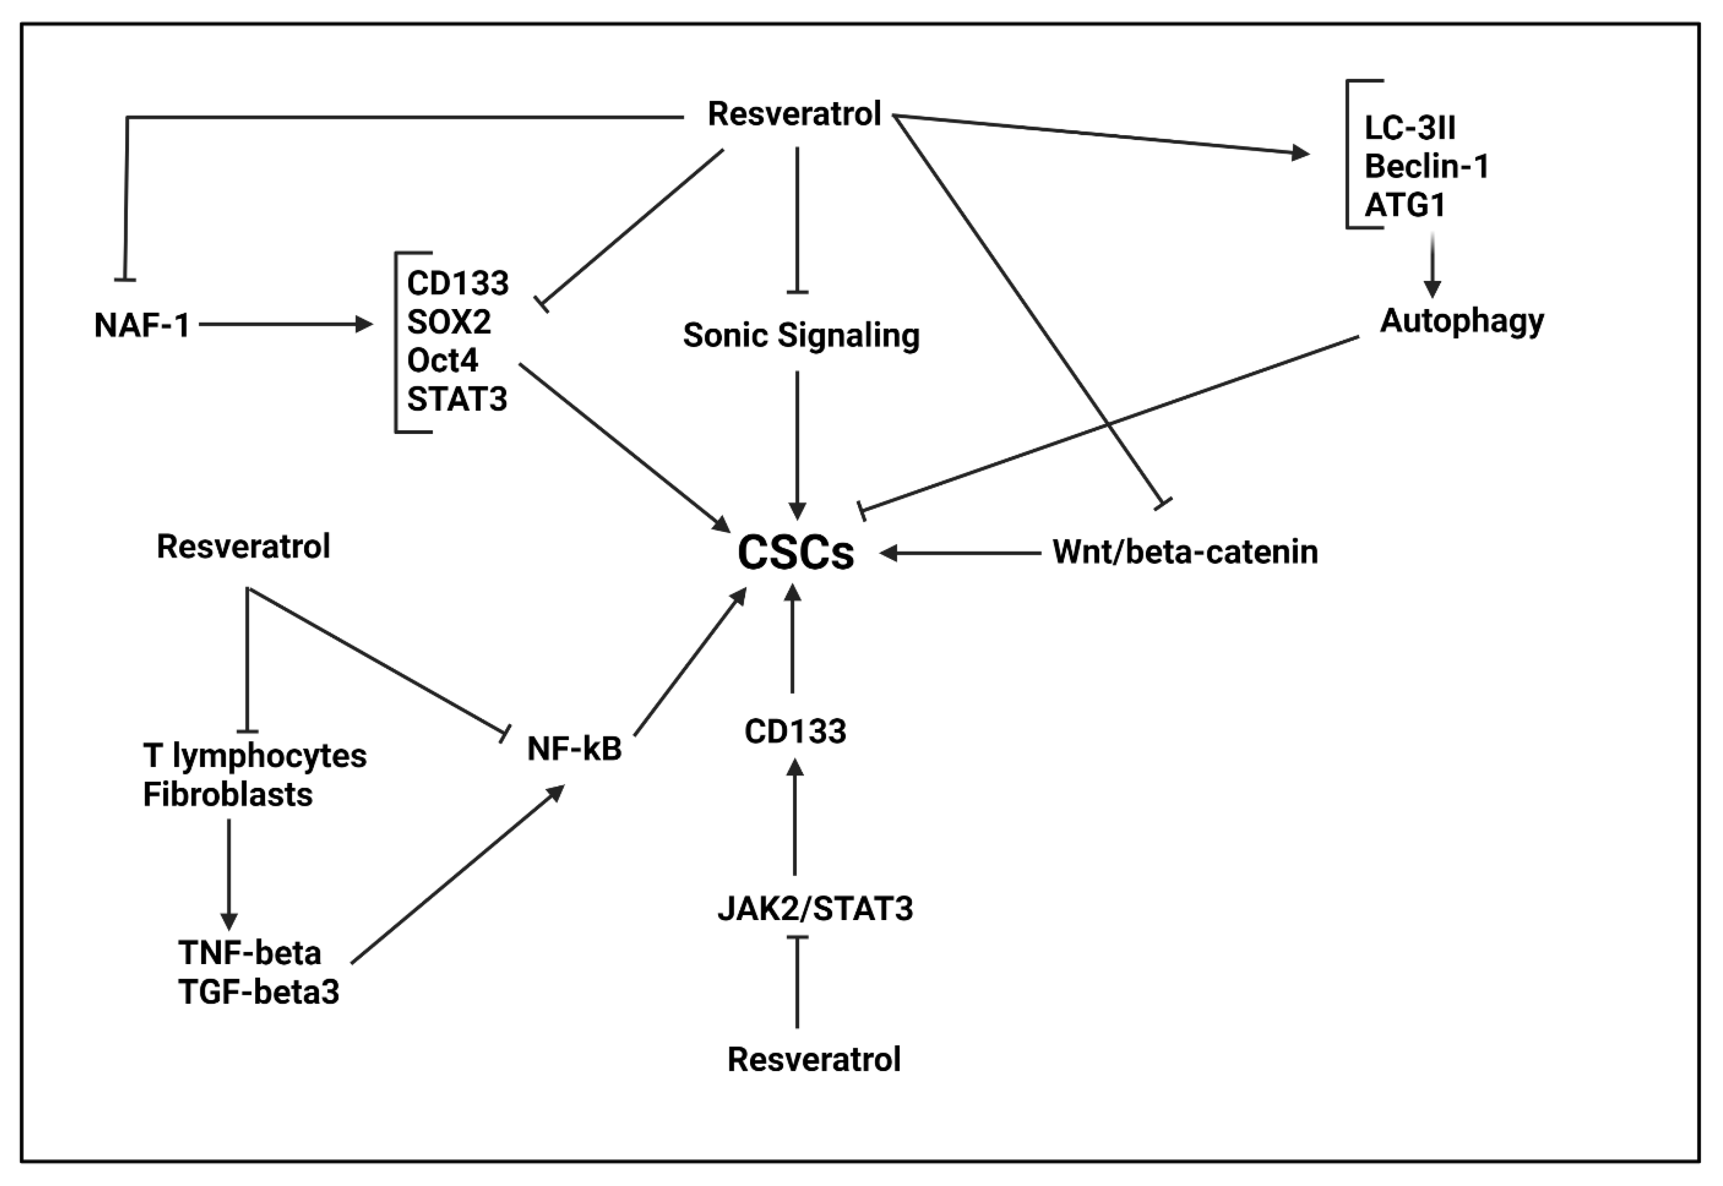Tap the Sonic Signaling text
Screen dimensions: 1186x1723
[x=800, y=335]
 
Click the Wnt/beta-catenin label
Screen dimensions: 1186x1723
[x=1184, y=552]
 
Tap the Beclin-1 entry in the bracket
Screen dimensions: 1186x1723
[x=1426, y=166]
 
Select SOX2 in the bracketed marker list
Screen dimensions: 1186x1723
[x=449, y=322]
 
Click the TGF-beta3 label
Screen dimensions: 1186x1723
[x=259, y=992]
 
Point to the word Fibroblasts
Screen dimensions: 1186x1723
[x=227, y=794]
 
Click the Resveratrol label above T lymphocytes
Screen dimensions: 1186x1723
[x=243, y=547]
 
